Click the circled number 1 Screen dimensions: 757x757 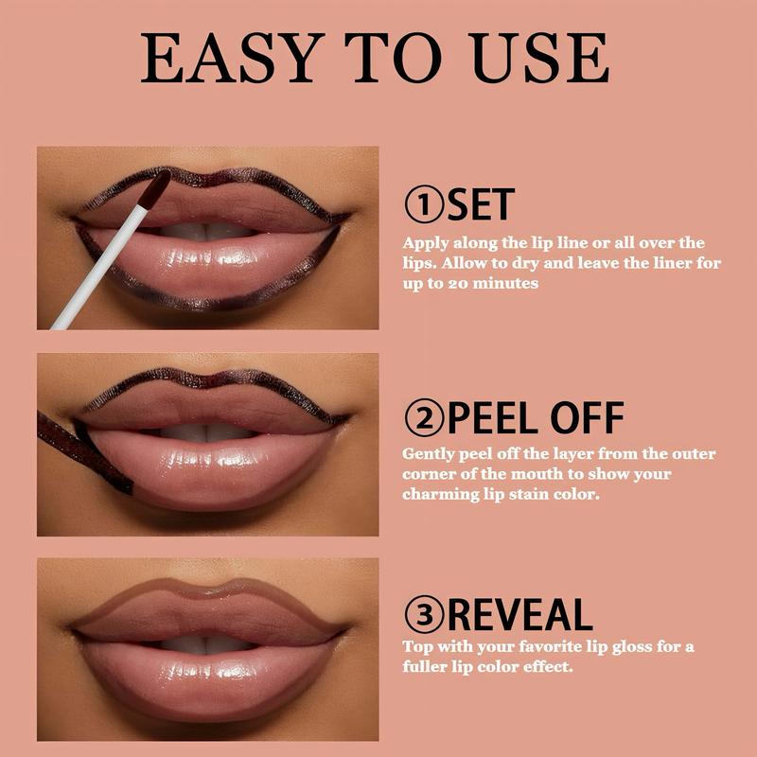(423, 204)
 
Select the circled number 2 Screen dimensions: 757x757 (423, 418)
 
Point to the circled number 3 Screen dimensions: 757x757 (423, 614)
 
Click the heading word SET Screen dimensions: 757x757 (481, 204)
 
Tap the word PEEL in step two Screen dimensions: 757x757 (493, 418)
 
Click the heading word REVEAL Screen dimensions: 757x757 (519, 614)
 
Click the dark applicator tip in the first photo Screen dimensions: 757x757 (154, 188)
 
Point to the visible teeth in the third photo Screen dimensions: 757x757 (205, 644)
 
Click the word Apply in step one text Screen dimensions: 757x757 (426, 243)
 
